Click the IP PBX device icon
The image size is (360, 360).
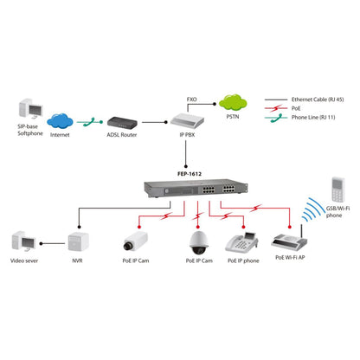180,122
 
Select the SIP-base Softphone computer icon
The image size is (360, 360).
27,112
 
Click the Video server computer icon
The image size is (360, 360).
23,241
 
